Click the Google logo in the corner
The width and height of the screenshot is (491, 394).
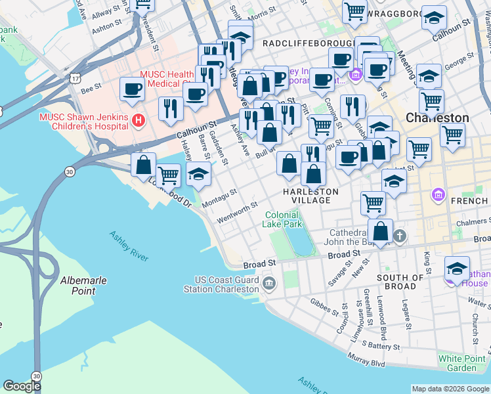click(22, 386)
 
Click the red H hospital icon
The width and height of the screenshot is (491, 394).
click(138, 120)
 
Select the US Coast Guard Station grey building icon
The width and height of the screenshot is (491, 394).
click(269, 283)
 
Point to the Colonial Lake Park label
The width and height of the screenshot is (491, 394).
click(284, 219)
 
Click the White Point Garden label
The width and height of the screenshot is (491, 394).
click(462, 363)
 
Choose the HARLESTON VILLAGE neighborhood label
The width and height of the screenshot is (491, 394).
click(310, 196)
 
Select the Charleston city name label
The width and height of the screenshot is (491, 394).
click(437, 118)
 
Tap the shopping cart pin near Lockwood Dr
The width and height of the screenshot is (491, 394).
click(169, 175)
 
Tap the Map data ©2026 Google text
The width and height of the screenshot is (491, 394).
click(450, 388)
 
